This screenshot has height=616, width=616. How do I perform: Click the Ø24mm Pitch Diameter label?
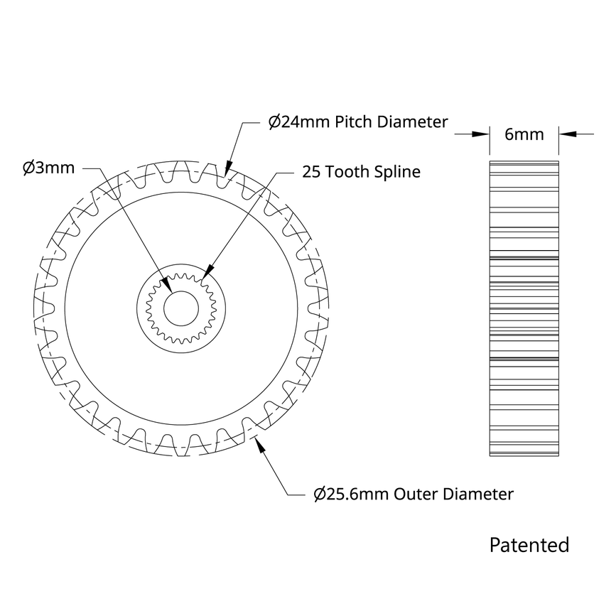tap(357, 121)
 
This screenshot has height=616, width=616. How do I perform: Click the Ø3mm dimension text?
tap(48, 168)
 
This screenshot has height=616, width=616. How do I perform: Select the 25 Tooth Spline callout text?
tap(361, 172)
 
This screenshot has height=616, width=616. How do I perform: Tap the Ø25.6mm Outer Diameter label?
tap(413, 494)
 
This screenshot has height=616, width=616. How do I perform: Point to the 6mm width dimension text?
tap(524, 134)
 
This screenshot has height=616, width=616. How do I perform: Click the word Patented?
tap(529, 545)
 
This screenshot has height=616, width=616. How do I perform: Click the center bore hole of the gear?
tap(181, 306)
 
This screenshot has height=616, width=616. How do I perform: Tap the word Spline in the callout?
tap(398, 172)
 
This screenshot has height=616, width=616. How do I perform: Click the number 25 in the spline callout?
tap(311, 172)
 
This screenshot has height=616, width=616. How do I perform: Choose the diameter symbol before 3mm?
tap(28, 168)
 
